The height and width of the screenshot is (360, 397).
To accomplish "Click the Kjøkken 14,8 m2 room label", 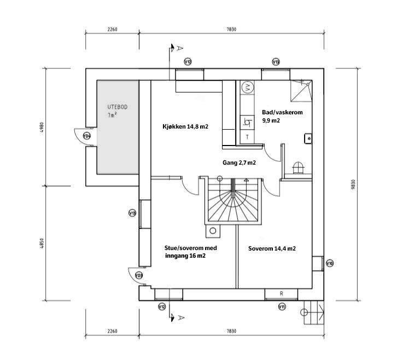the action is click(185, 126).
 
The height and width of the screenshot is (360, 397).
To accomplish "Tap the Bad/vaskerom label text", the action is click(282, 112).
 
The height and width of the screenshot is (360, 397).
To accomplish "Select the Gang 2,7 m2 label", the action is click(239, 162).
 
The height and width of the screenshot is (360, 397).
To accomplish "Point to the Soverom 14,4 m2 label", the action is click(272, 248).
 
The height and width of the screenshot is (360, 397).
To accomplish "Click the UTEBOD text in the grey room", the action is click(117, 107).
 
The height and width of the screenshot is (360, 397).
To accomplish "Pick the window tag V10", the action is click(330, 263).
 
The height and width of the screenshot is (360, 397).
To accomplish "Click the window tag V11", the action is click(282, 307).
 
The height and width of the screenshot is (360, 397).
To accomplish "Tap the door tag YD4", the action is click(87, 136).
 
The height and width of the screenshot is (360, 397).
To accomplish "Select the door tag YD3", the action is click(138, 275).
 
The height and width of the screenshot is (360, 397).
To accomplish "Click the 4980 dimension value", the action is click(42, 128).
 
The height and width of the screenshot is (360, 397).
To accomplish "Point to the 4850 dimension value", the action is click(42, 243).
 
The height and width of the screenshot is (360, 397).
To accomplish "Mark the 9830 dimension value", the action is click(353, 185).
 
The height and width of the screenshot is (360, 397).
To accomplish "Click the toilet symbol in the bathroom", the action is click(298, 168).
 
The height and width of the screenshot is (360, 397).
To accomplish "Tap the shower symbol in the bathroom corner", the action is click(301, 91).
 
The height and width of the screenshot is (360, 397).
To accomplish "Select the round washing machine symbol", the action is click(247, 88).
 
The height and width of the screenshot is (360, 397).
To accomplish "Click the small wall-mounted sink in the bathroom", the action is click(308, 138).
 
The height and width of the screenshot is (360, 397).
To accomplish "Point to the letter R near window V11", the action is click(281, 293).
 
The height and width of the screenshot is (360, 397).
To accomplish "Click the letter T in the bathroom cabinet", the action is click(247, 137).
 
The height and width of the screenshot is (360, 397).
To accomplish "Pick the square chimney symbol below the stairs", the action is click(213, 231).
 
